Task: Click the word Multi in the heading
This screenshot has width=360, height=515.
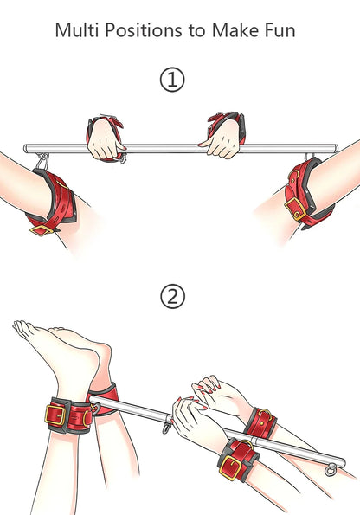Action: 75,31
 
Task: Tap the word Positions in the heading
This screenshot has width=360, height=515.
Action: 138,31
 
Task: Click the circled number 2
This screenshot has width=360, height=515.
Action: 173,297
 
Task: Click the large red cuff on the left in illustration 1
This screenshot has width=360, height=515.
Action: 52,199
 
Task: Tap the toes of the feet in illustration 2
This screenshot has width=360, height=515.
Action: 21,328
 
